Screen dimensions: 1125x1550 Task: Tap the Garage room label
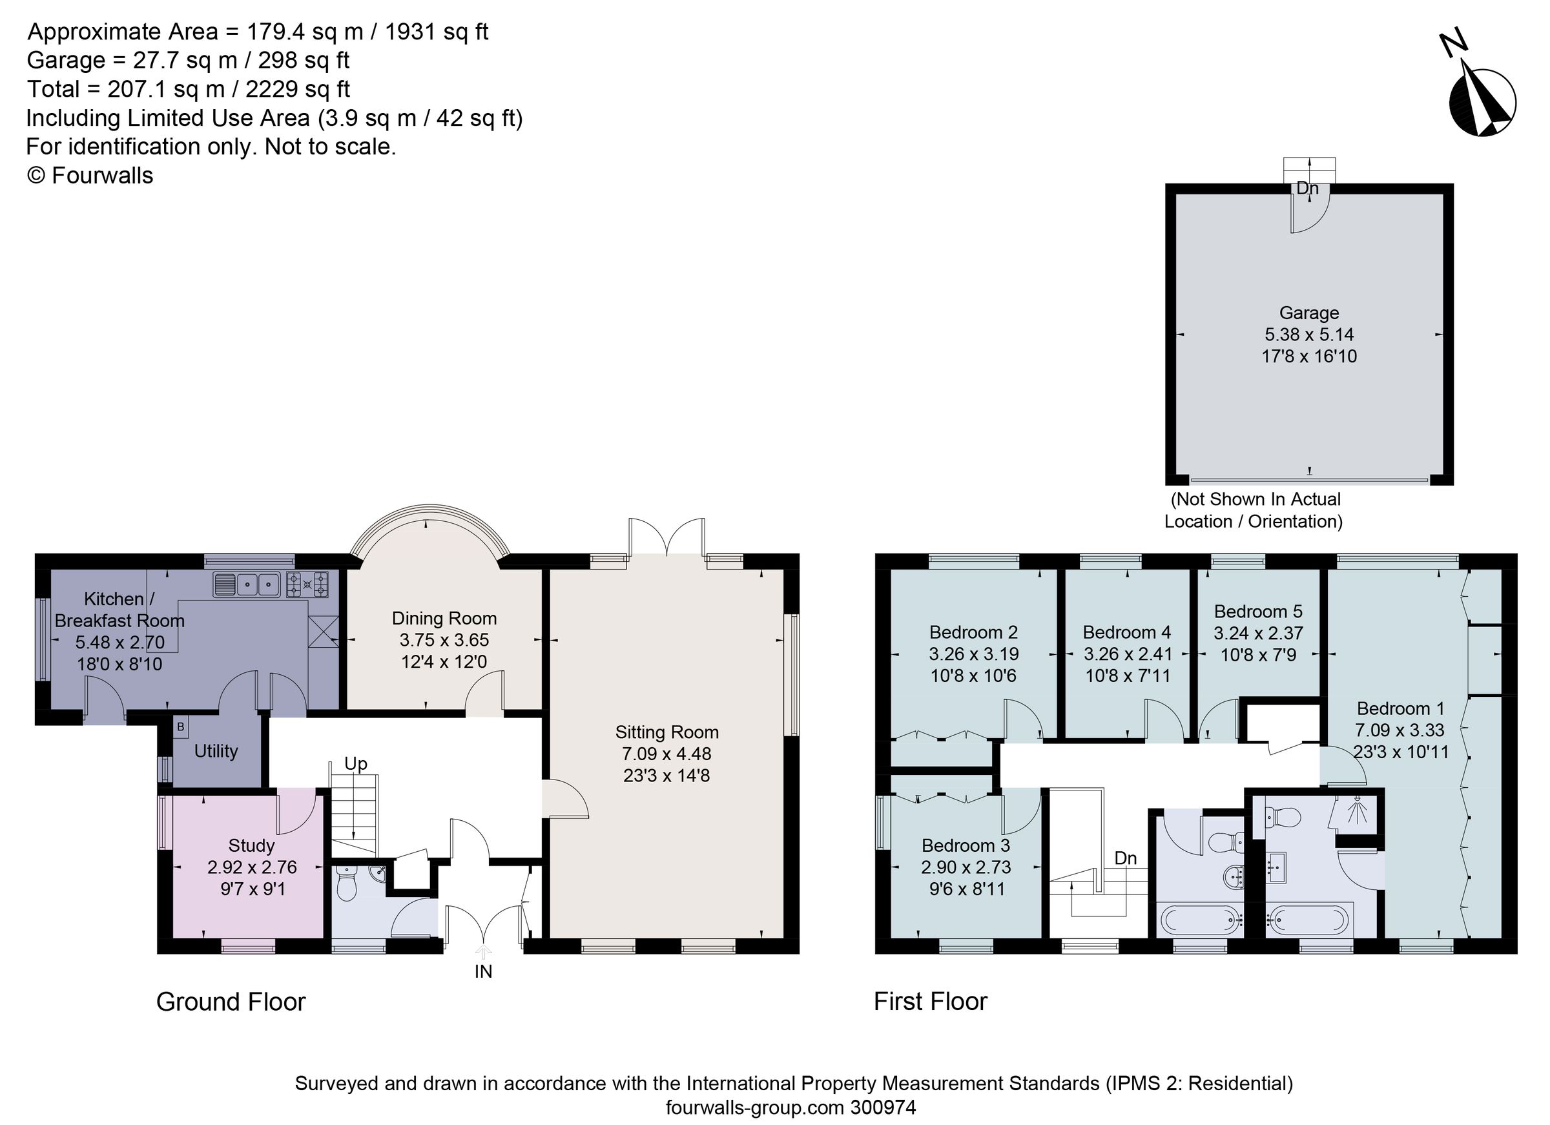1308,313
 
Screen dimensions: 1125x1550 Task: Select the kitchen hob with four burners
307,584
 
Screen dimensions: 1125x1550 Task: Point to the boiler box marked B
180,727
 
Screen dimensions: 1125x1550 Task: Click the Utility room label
216,751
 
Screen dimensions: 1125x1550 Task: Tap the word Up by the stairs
355,763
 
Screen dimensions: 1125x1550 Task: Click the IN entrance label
483,971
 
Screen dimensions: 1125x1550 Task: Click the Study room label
251,845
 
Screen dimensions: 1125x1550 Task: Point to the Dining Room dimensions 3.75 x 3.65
444,641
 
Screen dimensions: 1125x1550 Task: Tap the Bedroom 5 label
1258,611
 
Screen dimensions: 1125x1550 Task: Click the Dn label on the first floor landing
1125,858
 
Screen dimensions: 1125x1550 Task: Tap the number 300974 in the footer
883,1107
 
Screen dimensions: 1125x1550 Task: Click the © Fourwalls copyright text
90,176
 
